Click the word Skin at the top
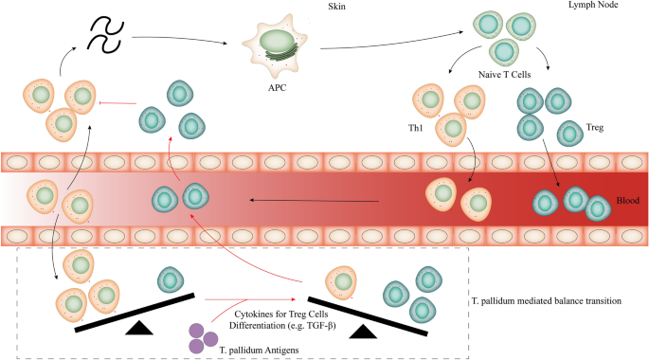click(x=321, y=7)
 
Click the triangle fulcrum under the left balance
click(x=139, y=327)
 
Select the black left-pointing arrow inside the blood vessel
click(x=313, y=200)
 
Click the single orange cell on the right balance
click(x=342, y=282)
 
